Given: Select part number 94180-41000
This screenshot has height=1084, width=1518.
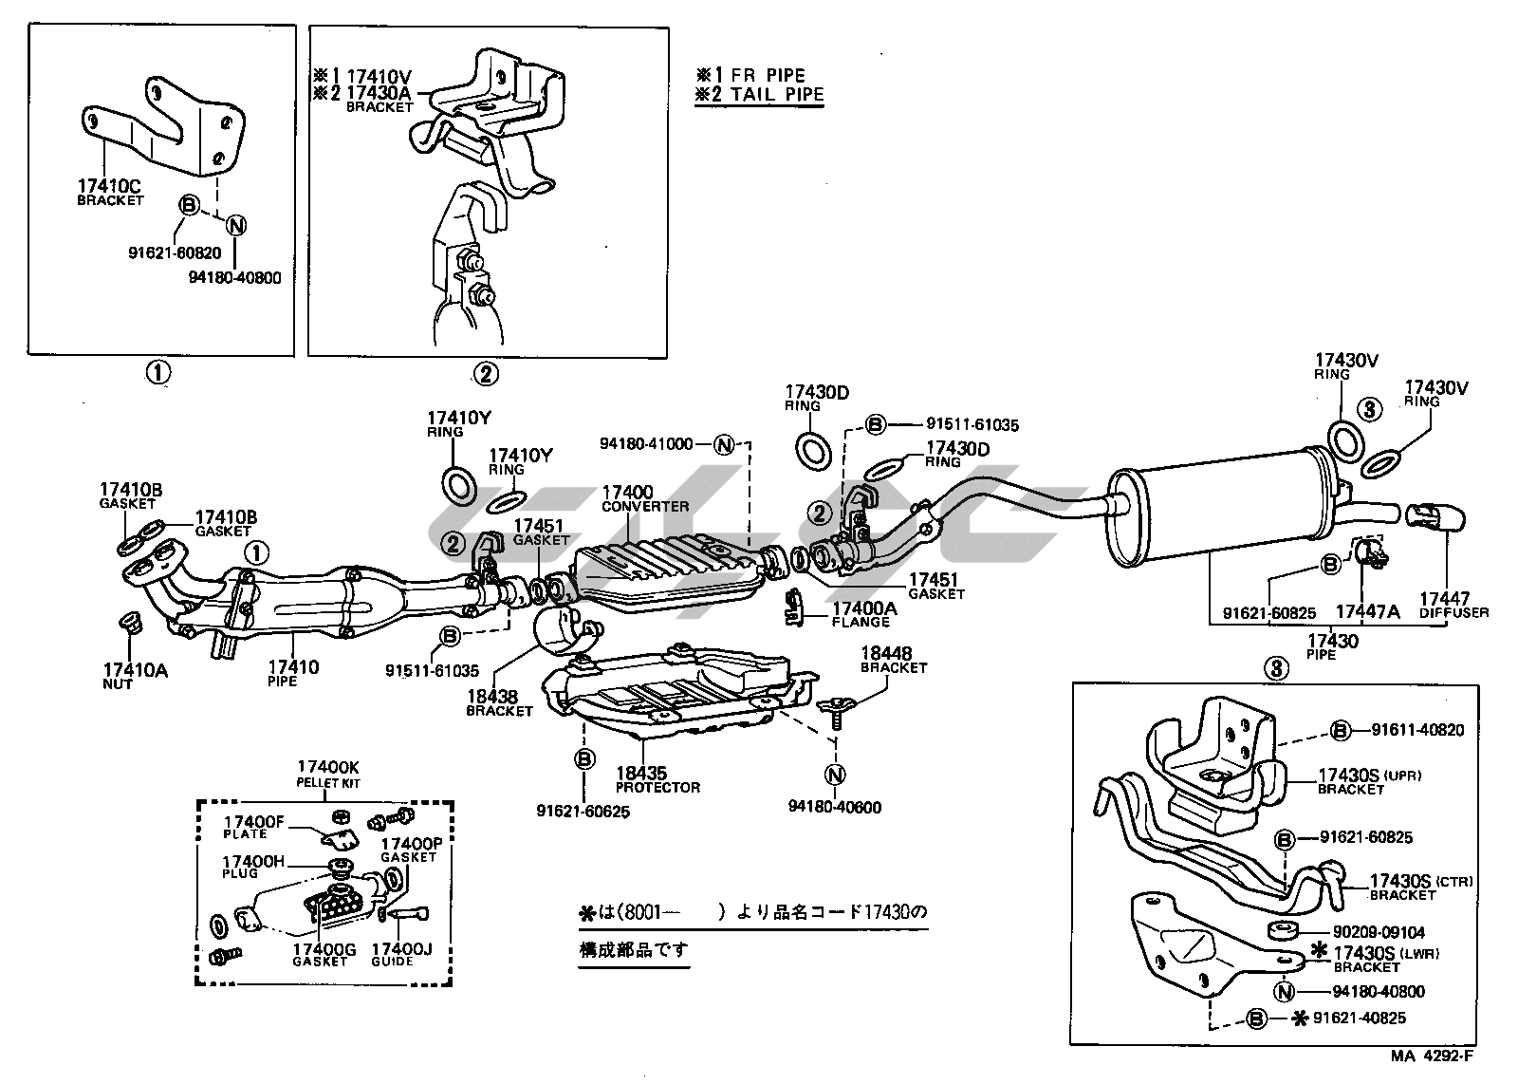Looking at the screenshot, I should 646,443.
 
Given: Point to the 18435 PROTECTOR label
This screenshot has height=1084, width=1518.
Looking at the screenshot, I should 657,779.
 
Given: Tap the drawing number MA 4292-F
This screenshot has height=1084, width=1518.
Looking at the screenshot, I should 1433,1056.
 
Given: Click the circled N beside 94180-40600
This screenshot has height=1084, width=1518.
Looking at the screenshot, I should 835,776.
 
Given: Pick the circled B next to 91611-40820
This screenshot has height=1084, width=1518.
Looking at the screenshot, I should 1340,730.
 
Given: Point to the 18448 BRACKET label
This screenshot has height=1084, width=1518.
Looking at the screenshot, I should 892,660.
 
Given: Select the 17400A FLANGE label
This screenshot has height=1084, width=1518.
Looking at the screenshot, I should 862,614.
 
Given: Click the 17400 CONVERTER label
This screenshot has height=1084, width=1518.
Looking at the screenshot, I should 644,499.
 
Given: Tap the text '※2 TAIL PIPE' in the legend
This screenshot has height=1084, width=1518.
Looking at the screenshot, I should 759,95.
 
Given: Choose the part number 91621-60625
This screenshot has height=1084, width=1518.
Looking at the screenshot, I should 583,812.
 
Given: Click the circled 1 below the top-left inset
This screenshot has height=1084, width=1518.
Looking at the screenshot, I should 157,373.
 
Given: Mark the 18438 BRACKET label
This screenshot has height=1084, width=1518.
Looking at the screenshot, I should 499,703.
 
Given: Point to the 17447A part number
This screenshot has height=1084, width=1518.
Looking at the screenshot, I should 1367,612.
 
